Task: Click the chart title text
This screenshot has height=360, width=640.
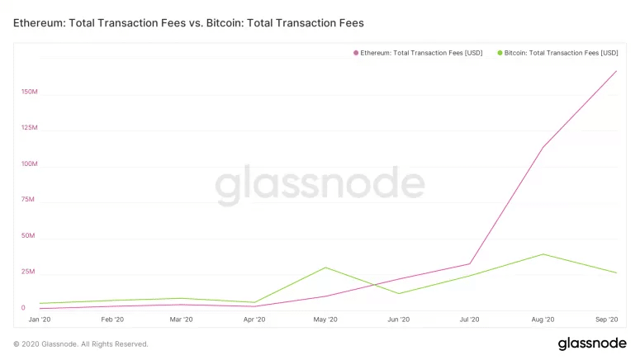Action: (x=188, y=23)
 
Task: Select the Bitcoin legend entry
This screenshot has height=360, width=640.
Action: (x=557, y=53)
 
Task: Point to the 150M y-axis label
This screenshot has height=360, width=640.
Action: (x=30, y=92)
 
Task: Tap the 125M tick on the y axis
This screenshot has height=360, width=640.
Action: (x=30, y=128)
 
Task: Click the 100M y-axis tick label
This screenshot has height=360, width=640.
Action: (x=30, y=163)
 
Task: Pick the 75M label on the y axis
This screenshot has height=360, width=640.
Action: (x=28, y=200)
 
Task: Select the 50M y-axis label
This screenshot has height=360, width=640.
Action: (x=28, y=235)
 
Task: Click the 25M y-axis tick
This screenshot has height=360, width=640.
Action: (x=28, y=272)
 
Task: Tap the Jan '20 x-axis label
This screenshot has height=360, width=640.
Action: (x=40, y=320)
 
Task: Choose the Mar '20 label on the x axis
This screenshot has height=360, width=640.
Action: (x=183, y=320)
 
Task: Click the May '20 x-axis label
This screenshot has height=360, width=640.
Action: (x=326, y=320)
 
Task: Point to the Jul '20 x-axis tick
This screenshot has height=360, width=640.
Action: (x=470, y=320)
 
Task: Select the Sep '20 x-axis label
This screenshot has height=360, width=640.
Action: (x=607, y=320)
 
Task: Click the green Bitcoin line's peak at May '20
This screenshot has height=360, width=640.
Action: (x=326, y=268)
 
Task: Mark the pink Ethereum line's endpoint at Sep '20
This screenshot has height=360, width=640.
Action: (x=616, y=71)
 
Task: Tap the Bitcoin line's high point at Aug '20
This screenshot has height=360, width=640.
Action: (x=543, y=254)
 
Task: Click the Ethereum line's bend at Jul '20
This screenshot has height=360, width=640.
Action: (x=470, y=264)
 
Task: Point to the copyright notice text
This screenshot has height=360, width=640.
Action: (x=81, y=343)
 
